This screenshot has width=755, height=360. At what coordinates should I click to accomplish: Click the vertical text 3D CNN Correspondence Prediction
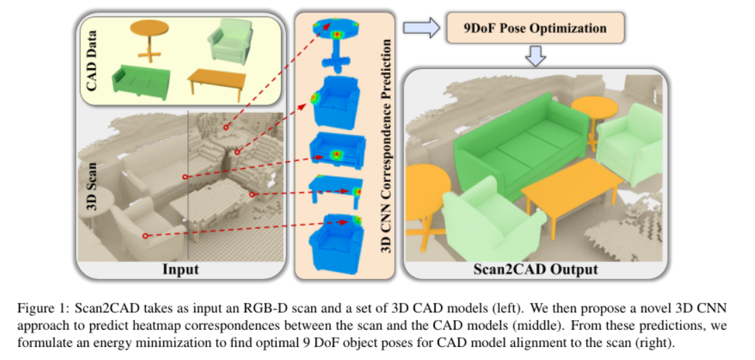(387, 146)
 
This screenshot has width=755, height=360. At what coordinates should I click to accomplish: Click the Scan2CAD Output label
(535, 268)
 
